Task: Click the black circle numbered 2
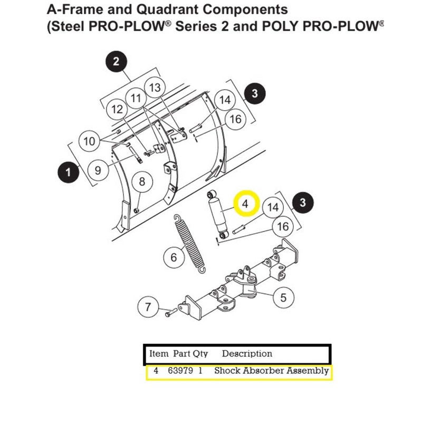click(x=116, y=62)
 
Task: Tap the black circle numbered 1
click(x=67, y=171)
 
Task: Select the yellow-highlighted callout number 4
click(x=245, y=203)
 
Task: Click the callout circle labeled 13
click(x=154, y=88)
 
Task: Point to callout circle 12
click(x=117, y=109)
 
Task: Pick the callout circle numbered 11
click(x=136, y=98)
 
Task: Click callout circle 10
click(x=89, y=141)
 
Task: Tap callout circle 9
click(x=98, y=170)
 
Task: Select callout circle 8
click(x=141, y=182)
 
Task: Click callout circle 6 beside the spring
click(x=174, y=257)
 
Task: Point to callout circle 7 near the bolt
click(x=148, y=306)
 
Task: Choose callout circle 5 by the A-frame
click(x=283, y=298)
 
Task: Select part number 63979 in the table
click(x=179, y=371)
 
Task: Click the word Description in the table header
click(x=247, y=353)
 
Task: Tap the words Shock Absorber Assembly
click(x=271, y=371)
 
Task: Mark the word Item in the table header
click(x=158, y=353)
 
